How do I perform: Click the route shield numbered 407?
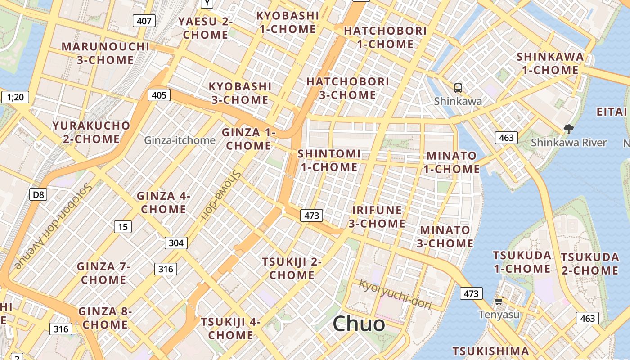[x=144, y=20]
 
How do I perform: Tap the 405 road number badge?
[x=159, y=95]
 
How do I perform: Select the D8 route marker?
[x=38, y=194]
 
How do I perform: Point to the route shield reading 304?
[x=176, y=243]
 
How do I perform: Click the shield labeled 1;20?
[x=15, y=97]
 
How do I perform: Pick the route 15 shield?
[x=123, y=227]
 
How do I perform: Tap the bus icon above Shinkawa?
[x=458, y=88]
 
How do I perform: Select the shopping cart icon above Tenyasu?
[x=499, y=301]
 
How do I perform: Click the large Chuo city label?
[x=359, y=324]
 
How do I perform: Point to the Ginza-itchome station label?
[x=180, y=140]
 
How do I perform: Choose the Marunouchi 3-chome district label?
[x=105, y=53]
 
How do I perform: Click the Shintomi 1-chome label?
[x=329, y=161]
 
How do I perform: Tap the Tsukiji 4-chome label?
[x=230, y=328]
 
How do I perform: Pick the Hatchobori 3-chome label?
[x=347, y=88]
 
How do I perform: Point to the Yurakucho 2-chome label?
[x=91, y=132]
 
